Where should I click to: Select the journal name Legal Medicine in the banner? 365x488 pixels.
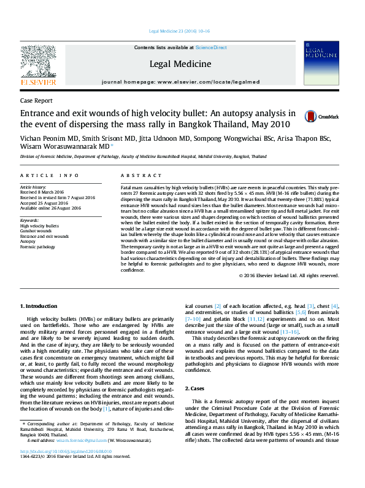click(180, 64)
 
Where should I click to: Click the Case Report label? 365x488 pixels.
click(36, 100)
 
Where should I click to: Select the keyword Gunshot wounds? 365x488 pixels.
click(36, 231)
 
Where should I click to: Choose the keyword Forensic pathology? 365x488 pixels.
click(38, 246)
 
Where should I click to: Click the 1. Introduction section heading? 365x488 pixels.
click(40, 305)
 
